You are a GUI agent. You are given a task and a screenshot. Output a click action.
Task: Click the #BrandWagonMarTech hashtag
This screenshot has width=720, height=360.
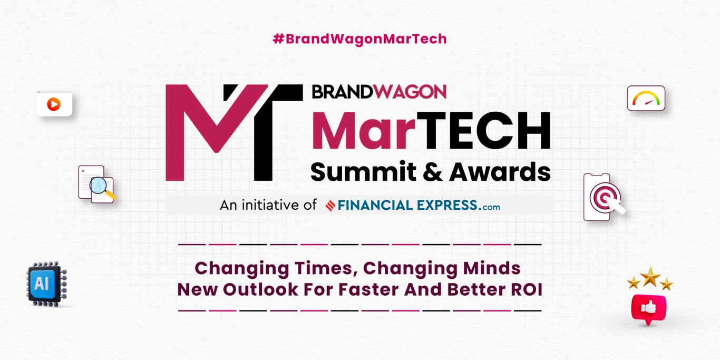tap(359, 38)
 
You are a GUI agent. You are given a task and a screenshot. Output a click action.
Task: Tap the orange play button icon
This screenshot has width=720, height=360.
tap(54, 104)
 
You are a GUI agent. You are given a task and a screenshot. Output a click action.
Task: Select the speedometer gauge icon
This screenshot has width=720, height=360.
tap(646, 99)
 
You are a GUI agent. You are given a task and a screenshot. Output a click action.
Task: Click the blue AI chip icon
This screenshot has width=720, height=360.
tap(46, 284)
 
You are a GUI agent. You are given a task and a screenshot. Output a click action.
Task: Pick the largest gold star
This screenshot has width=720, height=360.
tap(650, 276)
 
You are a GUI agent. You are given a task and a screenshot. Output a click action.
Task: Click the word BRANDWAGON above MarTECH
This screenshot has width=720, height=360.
tap(379, 92)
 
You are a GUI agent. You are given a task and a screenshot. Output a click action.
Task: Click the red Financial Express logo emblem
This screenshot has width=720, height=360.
tap(330, 206)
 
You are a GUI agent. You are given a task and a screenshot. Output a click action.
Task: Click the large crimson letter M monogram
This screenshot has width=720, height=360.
tap(211, 132)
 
